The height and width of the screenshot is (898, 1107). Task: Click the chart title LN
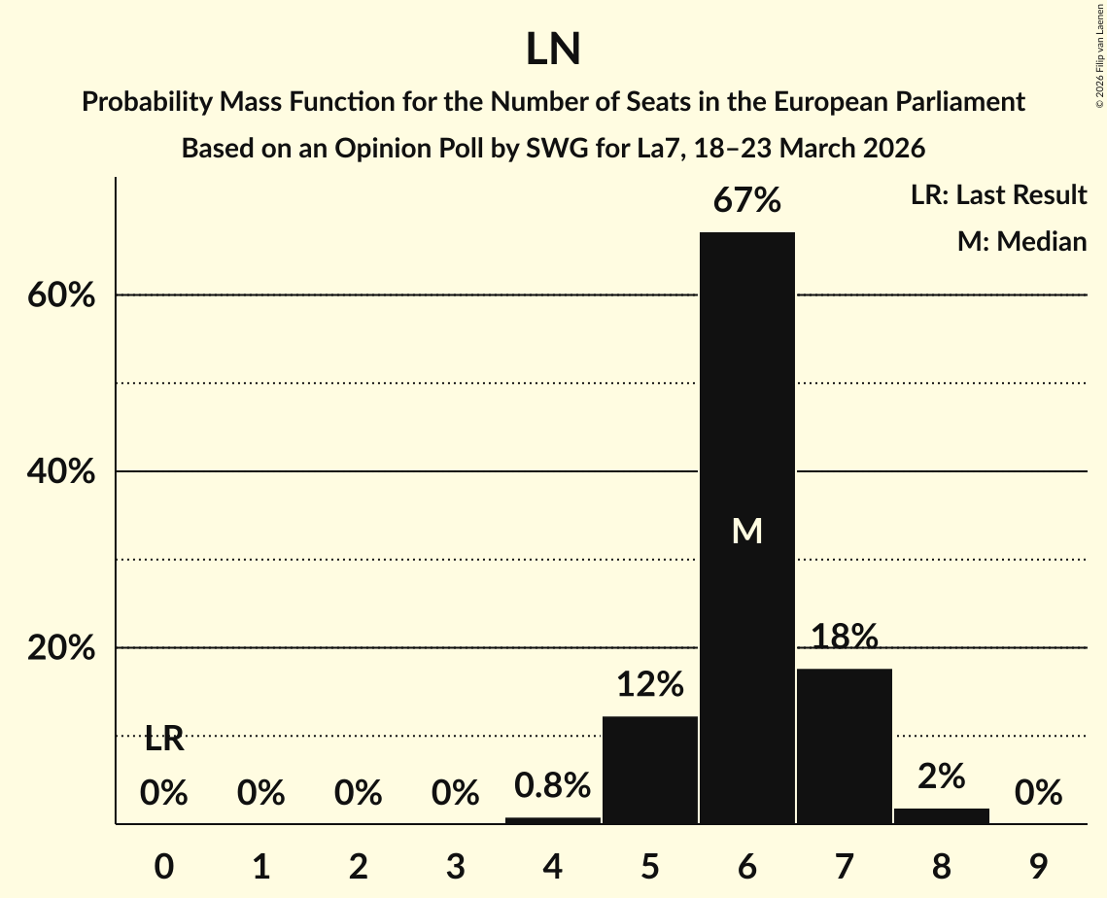tap(553, 50)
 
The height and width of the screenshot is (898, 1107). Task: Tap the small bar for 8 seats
tap(941, 815)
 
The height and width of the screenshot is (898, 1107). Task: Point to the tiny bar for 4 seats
tap(553, 820)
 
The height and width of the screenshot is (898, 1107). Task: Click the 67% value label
tap(746, 201)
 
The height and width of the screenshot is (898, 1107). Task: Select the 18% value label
tap(844, 638)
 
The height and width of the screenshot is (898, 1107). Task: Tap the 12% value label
tap(650, 685)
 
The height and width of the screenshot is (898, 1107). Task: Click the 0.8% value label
tap(553, 785)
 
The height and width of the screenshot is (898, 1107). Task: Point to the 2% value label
tap(941, 777)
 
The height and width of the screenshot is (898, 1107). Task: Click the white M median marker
tap(746, 531)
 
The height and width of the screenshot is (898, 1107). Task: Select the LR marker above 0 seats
tap(164, 740)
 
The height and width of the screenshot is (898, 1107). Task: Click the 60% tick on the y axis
tap(61, 295)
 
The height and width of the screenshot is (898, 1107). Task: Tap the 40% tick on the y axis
tap(61, 472)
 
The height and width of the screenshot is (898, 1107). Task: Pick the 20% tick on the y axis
tap(61, 648)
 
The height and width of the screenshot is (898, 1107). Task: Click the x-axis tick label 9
tap(1038, 863)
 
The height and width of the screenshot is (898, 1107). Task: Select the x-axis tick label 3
tap(456, 863)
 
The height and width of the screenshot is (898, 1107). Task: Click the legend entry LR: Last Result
tap(998, 195)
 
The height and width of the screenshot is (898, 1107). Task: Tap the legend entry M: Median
tap(1021, 241)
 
